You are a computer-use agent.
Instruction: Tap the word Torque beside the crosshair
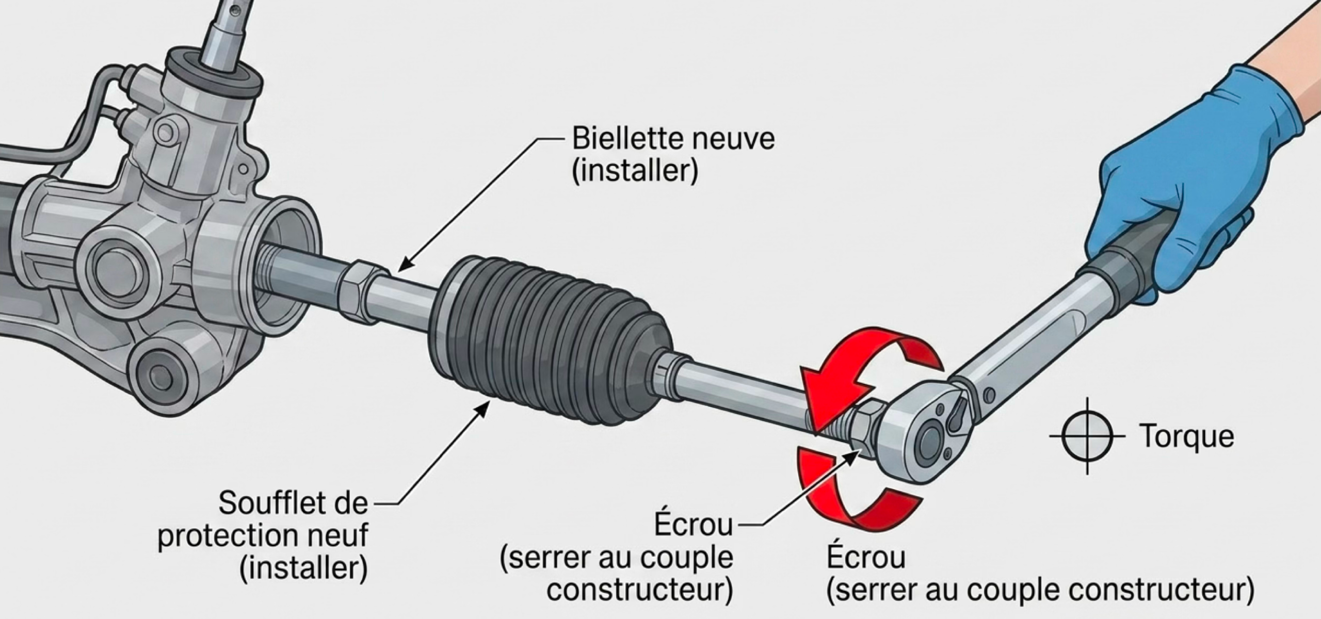pyautogui.click(x=1187, y=436)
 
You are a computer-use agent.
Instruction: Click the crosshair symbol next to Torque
pyautogui.click(x=1087, y=436)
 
